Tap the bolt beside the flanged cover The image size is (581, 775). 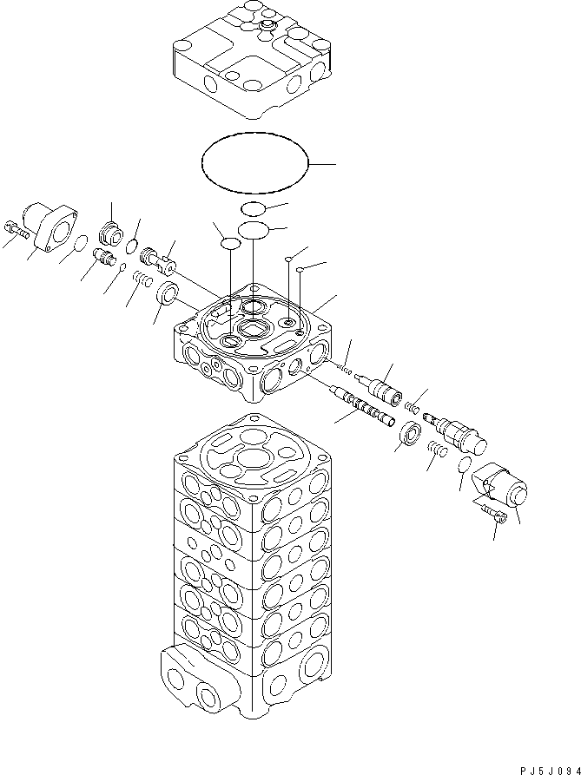tap(18, 230)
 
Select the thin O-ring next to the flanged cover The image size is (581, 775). tap(79, 246)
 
